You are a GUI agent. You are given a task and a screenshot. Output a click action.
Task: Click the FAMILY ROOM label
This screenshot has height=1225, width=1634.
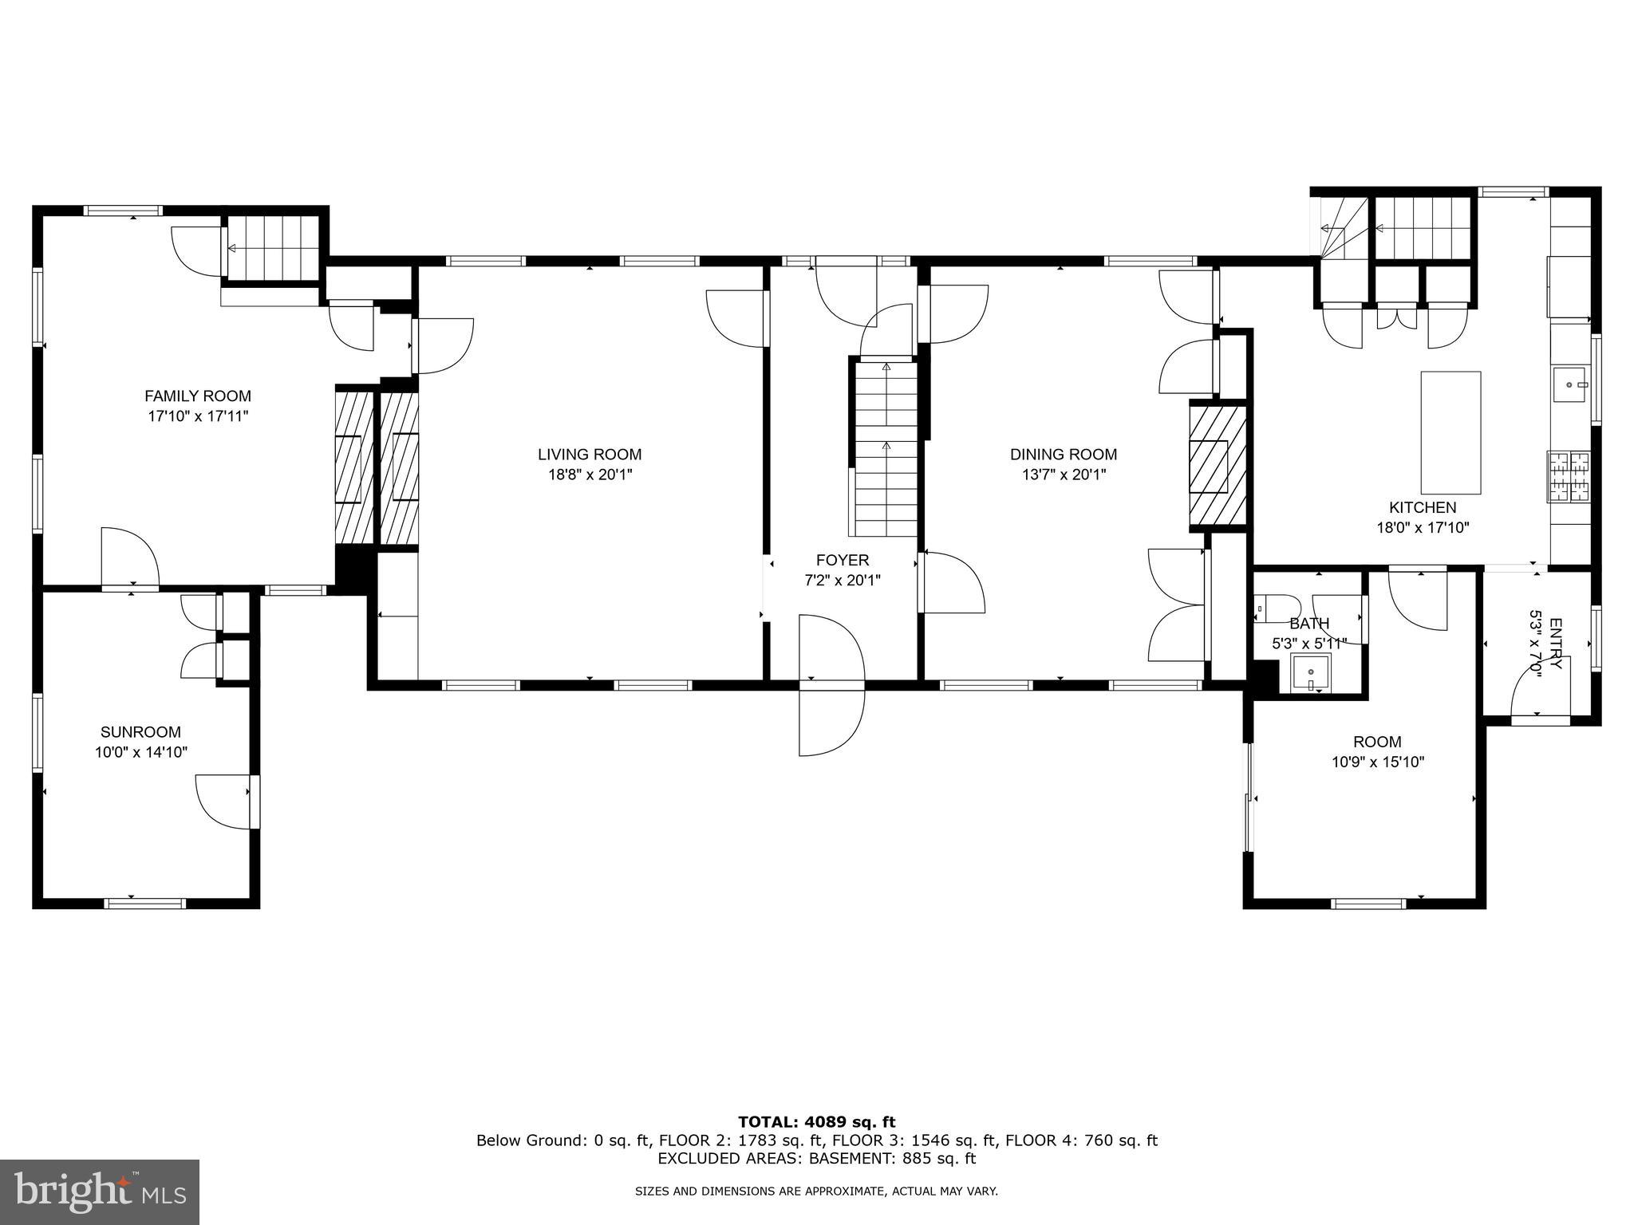coord(197,396)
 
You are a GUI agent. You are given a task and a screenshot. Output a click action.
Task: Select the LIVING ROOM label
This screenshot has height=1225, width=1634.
coord(589,455)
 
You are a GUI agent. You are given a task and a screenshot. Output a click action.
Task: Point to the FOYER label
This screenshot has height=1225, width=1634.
coord(842,560)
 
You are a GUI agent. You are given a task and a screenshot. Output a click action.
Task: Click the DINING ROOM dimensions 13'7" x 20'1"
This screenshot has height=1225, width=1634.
coord(1063,475)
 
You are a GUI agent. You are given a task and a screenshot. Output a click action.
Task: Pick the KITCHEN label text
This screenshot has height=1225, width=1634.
coord(1422,507)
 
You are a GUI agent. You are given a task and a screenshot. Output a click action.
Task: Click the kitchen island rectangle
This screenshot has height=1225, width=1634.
coord(1450,433)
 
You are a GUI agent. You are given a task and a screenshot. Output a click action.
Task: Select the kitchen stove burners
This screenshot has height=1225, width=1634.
coord(1569,477)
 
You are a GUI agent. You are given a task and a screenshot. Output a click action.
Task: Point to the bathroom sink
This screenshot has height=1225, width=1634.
coord(1310,673)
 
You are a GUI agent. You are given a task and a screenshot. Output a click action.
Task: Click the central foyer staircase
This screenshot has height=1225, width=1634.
coord(886,451)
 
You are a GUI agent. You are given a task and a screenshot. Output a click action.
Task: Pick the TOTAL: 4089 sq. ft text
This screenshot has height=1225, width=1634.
coord(816,1123)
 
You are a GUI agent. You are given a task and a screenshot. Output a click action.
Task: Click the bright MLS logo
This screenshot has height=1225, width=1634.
coord(100,1192)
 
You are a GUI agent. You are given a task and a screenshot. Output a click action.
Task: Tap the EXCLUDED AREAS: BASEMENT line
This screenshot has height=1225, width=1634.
coord(816,1158)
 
